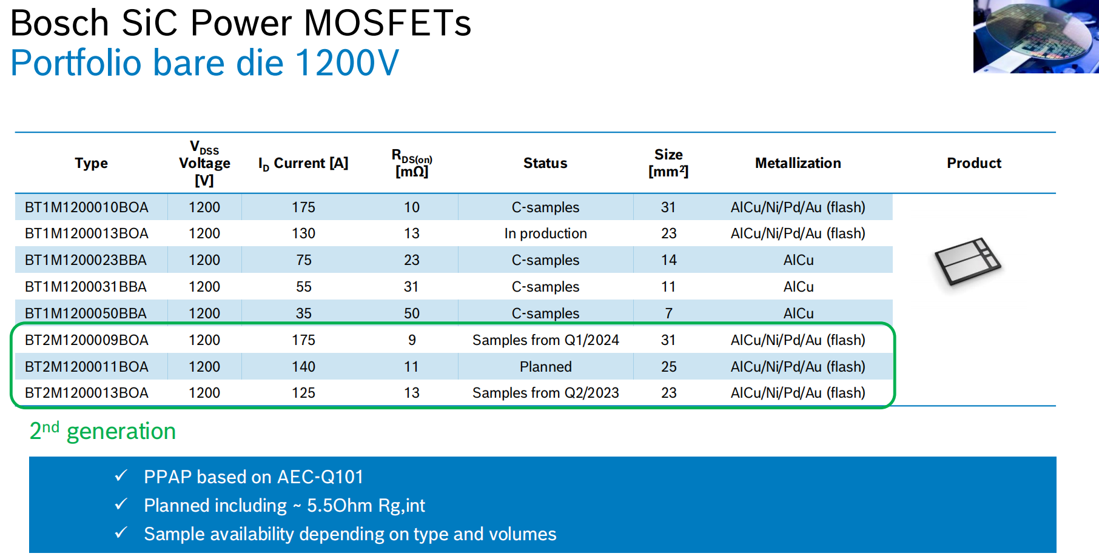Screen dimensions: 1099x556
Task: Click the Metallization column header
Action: (798, 163)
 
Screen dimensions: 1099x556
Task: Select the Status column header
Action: (545, 163)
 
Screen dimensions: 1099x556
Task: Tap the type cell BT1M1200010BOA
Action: (87, 207)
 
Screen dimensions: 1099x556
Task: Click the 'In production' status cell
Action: (545, 233)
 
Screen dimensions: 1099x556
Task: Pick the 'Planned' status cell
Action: (545, 367)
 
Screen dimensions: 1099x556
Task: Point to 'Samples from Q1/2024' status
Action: (545, 340)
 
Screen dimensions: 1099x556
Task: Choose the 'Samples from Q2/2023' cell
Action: (545, 393)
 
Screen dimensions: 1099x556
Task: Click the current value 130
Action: (303, 233)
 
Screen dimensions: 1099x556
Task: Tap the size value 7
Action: (668, 313)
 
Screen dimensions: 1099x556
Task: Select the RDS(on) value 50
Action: (412, 313)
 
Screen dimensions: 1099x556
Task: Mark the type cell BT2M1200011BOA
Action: (87, 367)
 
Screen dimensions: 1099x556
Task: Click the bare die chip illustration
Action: (967, 261)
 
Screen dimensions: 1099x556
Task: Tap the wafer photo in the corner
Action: (1036, 36)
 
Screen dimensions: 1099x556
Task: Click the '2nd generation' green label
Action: (103, 430)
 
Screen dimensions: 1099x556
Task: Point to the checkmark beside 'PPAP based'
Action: (121, 475)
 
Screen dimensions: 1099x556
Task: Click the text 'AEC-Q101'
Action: (320, 477)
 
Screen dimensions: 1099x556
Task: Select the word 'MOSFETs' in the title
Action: (387, 23)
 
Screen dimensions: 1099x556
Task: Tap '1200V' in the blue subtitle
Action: (347, 62)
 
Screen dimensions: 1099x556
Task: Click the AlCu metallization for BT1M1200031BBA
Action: (798, 287)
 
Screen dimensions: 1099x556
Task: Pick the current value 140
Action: (303, 367)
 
